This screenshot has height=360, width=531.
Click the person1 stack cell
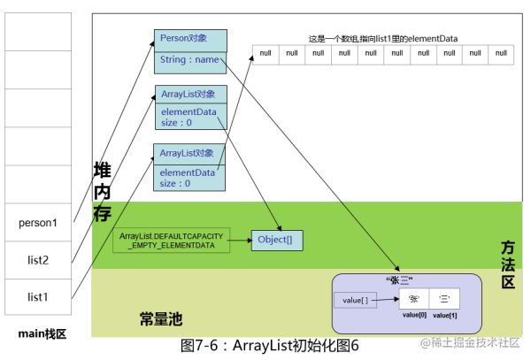click(38, 222)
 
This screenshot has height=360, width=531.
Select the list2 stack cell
click(38, 259)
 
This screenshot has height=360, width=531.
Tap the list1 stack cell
click(38, 297)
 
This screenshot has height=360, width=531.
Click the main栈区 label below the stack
click(38, 333)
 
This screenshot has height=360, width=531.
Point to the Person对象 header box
click(189, 40)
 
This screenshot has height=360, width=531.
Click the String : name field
click(189, 60)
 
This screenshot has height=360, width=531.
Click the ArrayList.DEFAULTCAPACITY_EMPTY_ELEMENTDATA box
click(170, 241)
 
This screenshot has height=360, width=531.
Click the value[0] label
click(413, 315)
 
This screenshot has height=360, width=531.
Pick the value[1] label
click(445, 315)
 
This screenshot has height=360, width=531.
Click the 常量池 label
click(160, 318)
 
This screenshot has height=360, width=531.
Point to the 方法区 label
click(508, 264)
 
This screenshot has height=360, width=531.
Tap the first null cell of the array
click(265, 54)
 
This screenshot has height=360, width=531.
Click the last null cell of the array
click(501, 54)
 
